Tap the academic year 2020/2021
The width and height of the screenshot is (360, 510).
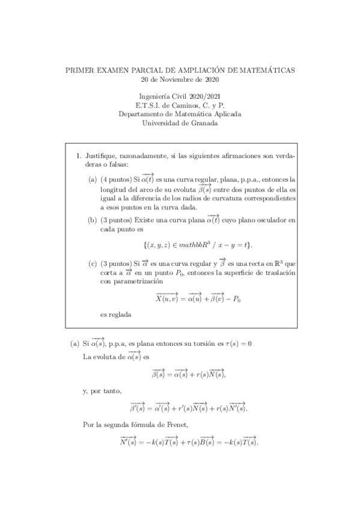pos(203,96)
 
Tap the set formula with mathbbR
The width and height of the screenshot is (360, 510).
pos(198,245)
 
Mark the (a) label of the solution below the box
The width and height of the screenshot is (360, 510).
pos(75,344)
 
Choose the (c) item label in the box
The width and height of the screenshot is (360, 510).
pos(93,263)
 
